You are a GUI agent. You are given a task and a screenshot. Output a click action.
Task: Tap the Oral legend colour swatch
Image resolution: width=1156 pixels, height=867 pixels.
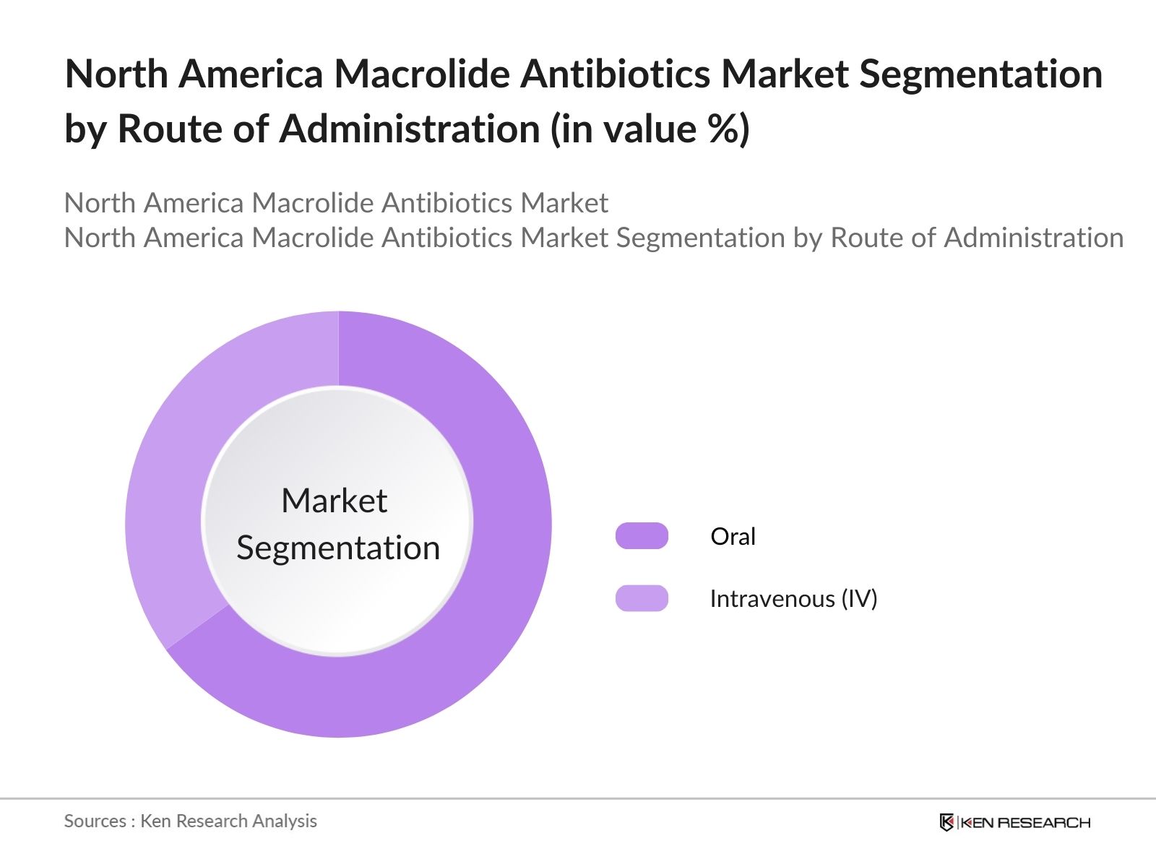642,536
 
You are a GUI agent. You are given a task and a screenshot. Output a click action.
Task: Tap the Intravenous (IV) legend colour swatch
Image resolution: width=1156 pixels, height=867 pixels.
642,598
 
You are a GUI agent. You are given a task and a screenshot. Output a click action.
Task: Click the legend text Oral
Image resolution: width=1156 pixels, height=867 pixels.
733,536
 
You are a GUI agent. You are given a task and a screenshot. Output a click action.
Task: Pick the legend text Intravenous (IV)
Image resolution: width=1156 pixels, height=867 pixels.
793,598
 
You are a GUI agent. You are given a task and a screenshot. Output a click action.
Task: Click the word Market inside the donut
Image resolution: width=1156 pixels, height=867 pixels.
334,501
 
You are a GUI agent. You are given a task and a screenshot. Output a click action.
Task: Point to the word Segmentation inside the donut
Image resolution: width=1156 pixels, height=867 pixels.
338,548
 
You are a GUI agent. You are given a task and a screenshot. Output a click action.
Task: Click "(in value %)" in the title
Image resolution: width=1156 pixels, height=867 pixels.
650,129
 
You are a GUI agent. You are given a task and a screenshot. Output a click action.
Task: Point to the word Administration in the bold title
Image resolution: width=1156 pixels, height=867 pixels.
410,129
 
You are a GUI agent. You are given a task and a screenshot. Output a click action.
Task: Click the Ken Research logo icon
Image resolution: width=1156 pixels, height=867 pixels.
946,822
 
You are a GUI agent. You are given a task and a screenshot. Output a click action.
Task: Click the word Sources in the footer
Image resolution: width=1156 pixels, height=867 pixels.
95,821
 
